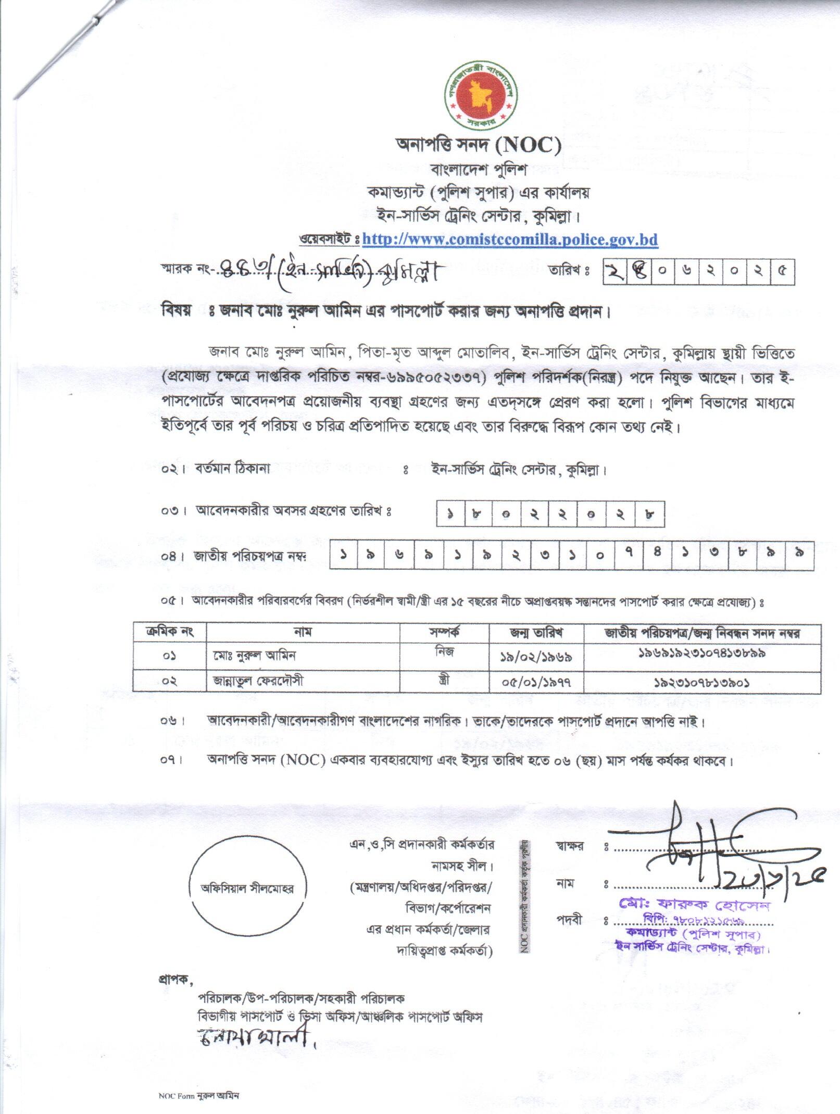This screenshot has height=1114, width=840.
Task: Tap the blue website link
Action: (x=510, y=240)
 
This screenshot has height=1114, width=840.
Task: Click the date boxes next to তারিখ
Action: (x=698, y=272)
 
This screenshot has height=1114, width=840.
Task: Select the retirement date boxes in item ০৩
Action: (x=550, y=515)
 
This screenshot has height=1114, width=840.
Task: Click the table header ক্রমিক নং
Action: (x=170, y=633)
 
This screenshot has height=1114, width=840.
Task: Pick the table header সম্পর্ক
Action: (x=444, y=633)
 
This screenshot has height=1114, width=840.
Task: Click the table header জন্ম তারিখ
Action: (x=536, y=633)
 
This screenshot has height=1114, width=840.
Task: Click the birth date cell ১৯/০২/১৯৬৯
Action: (x=536, y=657)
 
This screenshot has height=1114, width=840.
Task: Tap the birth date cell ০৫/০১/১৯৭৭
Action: (x=536, y=682)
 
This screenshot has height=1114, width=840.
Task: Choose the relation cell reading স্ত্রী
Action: (x=444, y=680)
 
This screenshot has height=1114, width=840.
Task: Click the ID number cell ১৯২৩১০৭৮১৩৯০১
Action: (x=701, y=682)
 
